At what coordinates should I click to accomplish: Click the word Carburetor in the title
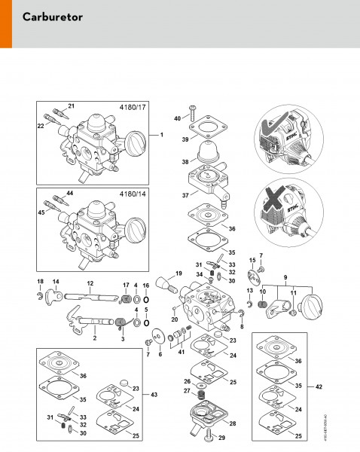click(x=53, y=16)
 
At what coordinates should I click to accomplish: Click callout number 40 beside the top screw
click(x=178, y=118)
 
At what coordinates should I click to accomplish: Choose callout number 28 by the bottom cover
click(x=232, y=423)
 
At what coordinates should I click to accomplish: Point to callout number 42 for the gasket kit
click(x=319, y=386)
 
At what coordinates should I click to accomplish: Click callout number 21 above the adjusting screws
click(x=72, y=105)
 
